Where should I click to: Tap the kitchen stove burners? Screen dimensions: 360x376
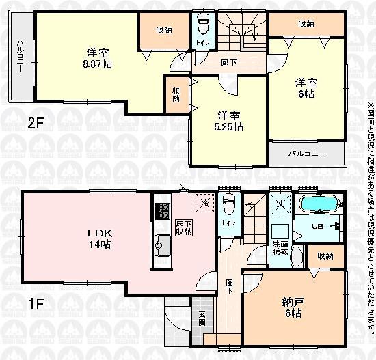(163, 210)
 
